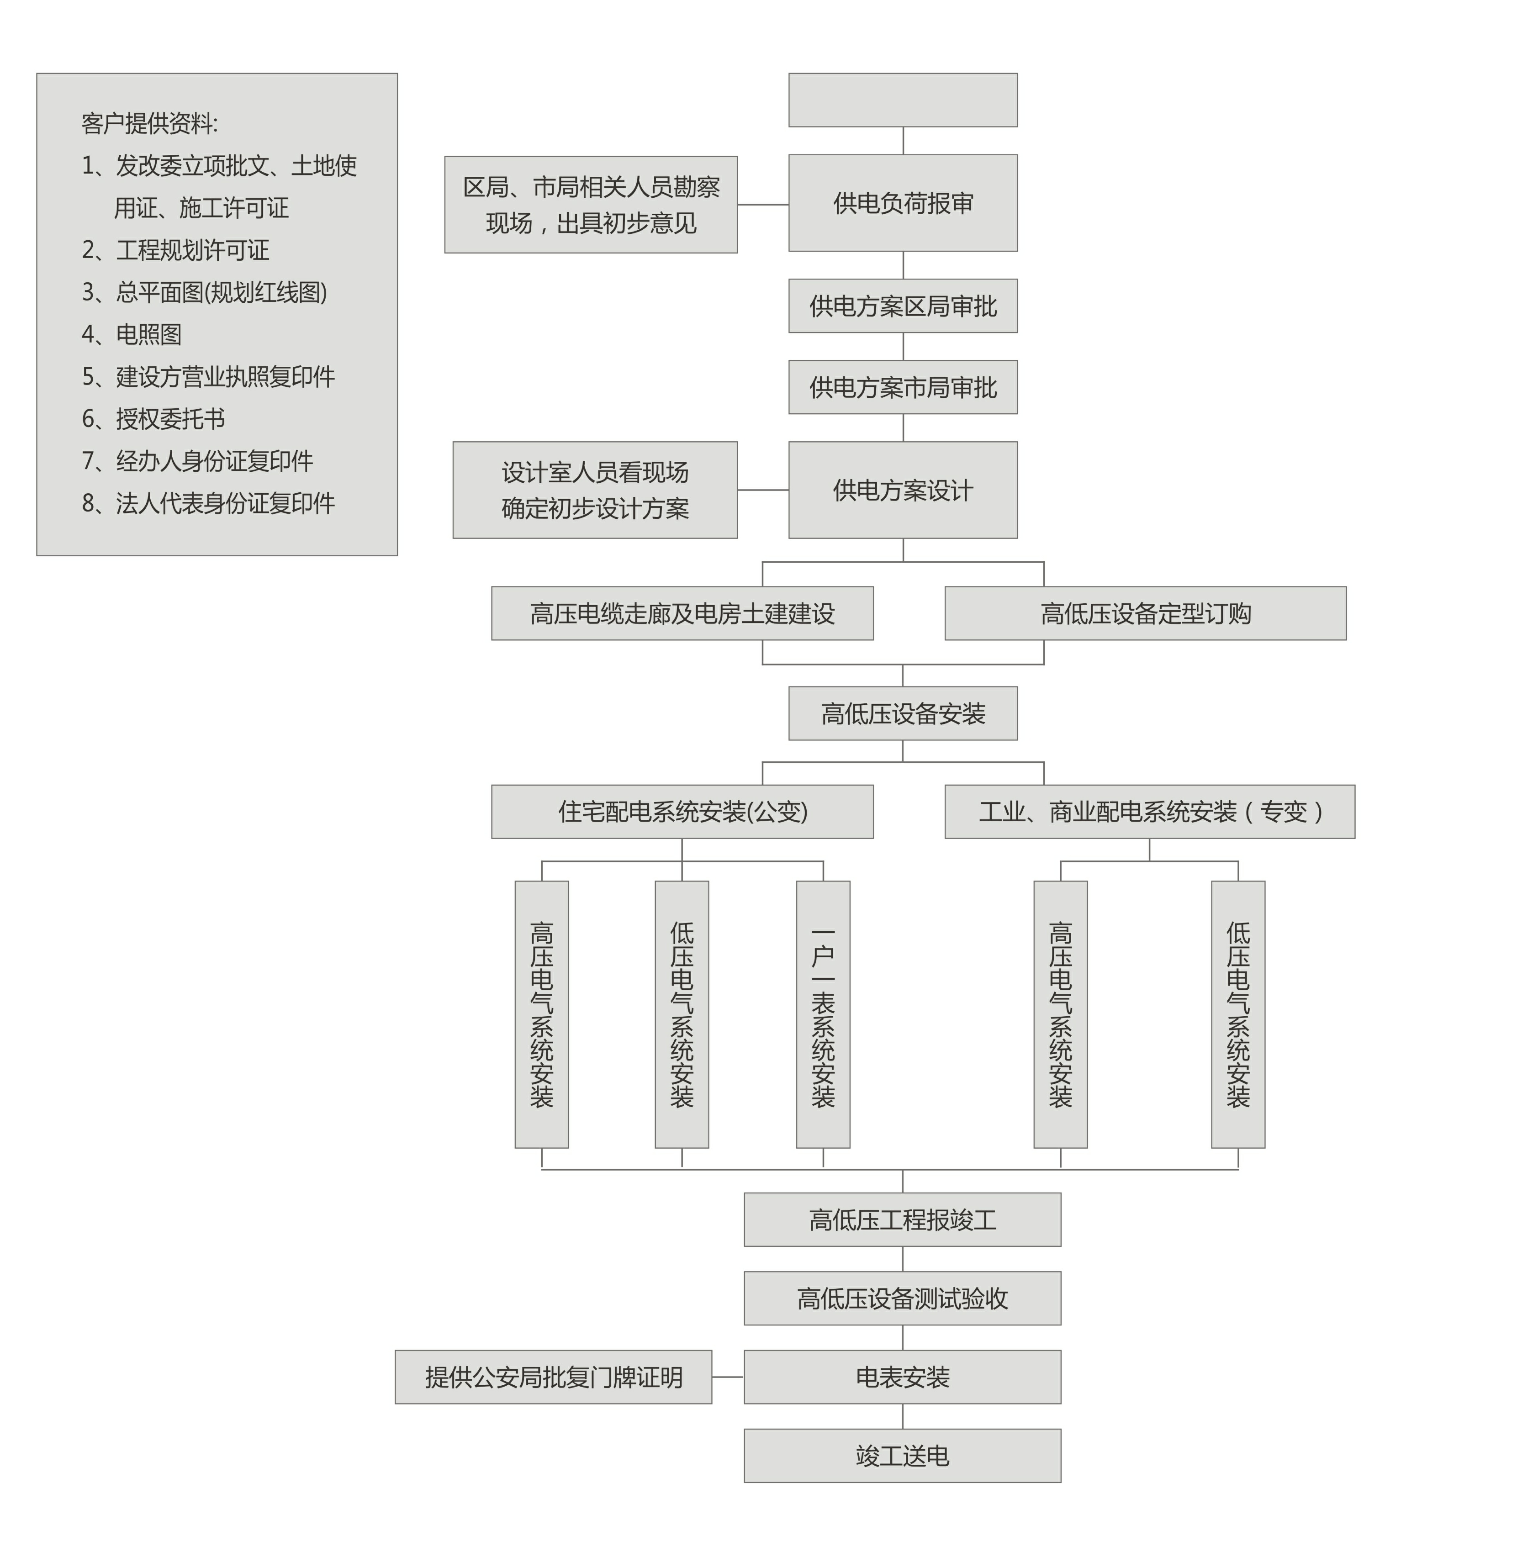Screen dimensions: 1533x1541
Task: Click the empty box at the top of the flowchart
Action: pyautogui.click(x=903, y=100)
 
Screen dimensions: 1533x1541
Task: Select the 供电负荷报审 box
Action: pyautogui.click(x=903, y=203)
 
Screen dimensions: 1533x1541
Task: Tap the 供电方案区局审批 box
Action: pyautogui.click(x=903, y=306)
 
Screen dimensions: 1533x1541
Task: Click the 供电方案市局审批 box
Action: pyautogui.click(x=903, y=387)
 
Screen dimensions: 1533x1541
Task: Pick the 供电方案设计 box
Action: pyautogui.click(x=903, y=490)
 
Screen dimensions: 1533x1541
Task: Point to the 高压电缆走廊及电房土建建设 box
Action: pyautogui.click(x=682, y=613)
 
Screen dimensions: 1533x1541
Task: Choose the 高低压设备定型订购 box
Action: pyautogui.click(x=1145, y=613)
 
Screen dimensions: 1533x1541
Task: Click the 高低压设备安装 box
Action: pyautogui.click(x=903, y=713)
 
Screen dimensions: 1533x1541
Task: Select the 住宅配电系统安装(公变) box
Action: pyautogui.click(x=682, y=811)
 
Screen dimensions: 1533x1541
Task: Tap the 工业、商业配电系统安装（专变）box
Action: pyautogui.click(x=1149, y=811)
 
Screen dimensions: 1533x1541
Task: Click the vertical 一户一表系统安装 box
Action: pyautogui.click(x=823, y=1014)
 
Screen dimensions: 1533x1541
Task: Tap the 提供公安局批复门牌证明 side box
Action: pyautogui.click(x=554, y=1377)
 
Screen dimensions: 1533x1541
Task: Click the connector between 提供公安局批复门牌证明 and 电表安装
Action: pyautogui.click(x=727, y=1377)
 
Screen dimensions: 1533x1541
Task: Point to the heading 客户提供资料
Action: pyautogui.click(x=149, y=124)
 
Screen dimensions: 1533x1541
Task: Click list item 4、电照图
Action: pyautogui.click(x=132, y=334)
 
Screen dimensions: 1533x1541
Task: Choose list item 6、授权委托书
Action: pyautogui.click(x=153, y=419)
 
